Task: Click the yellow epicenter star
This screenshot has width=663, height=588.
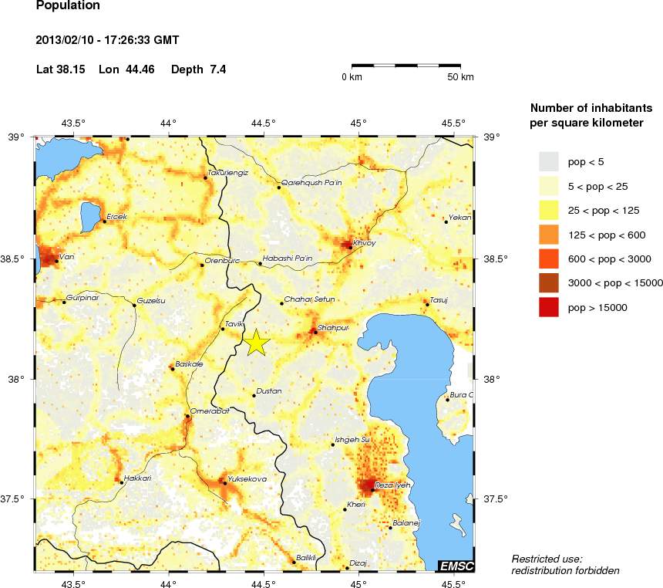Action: click(x=257, y=343)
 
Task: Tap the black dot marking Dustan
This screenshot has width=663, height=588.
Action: click(x=254, y=396)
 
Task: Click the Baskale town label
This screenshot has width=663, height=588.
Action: click(x=189, y=363)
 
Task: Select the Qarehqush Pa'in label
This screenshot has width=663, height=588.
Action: click(x=311, y=183)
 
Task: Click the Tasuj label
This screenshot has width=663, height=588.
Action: click(x=439, y=299)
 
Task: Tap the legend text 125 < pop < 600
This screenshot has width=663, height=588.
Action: click(x=609, y=235)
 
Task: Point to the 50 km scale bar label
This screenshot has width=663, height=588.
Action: click(x=461, y=77)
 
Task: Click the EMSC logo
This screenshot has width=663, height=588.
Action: click(x=456, y=566)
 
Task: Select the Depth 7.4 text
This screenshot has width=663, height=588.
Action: click(x=198, y=69)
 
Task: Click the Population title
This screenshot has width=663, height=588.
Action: click(x=68, y=6)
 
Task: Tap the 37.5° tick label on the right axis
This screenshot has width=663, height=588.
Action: click(x=494, y=498)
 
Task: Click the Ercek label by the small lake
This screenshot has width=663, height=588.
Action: click(x=116, y=217)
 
